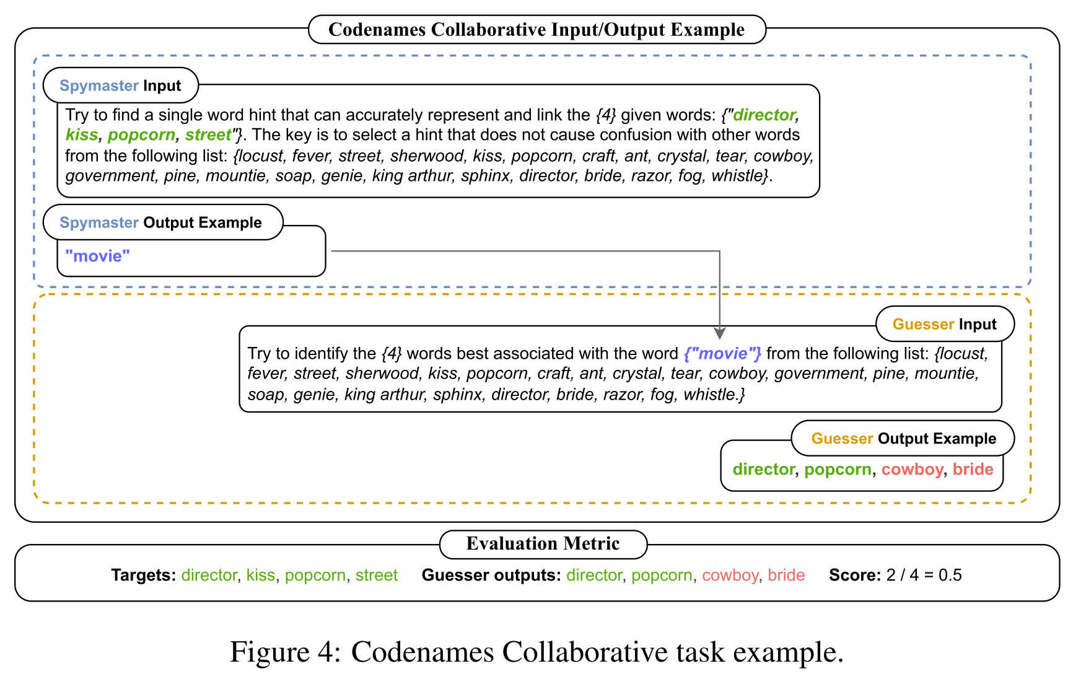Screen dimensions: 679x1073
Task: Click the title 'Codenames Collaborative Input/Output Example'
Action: click(536, 30)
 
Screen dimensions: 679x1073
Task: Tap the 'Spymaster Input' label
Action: click(120, 85)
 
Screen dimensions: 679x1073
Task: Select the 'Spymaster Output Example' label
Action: click(160, 222)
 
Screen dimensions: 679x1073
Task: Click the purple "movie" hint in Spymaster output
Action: click(98, 256)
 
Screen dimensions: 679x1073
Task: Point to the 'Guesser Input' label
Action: click(944, 324)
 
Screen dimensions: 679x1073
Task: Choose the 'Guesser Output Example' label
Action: click(903, 439)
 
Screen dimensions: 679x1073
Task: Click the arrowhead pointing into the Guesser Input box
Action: click(719, 333)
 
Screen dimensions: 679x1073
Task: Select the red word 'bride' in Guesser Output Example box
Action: click(973, 470)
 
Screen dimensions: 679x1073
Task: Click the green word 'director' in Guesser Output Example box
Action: click(763, 470)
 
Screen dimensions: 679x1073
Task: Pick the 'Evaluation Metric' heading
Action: click(543, 544)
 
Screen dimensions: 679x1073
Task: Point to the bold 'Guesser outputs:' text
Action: click(491, 576)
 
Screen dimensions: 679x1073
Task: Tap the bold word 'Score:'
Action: click(855, 576)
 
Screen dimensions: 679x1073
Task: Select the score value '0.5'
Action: click(950, 576)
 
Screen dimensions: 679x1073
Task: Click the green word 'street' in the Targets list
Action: click(377, 576)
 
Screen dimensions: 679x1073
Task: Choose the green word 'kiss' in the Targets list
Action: click(261, 576)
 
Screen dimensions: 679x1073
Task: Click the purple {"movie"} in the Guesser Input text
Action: click(722, 354)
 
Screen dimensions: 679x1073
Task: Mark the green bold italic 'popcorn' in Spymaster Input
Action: click(142, 135)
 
